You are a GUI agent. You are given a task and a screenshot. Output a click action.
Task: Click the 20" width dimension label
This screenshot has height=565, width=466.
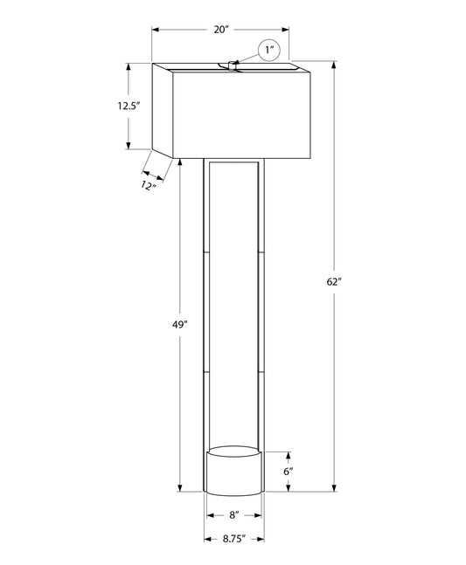coord(221,30)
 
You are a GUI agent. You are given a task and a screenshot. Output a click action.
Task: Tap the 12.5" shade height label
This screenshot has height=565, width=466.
coord(128,106)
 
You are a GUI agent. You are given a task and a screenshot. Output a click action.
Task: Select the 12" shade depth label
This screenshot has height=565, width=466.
coord(149,186)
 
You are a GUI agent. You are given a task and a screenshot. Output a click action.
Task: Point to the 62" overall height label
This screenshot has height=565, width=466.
coord(334,282)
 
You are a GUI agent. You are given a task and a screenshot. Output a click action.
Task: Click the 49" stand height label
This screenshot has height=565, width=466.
coord(180,325)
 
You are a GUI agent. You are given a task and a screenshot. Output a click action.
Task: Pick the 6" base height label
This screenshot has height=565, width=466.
coord(289,472)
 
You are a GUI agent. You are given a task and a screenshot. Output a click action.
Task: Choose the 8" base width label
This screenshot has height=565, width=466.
coord(234,515)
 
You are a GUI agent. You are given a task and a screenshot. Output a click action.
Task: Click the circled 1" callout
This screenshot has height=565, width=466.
coord(269,50)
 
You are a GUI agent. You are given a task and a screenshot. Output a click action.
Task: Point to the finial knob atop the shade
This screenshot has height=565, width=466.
coord(232,66)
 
